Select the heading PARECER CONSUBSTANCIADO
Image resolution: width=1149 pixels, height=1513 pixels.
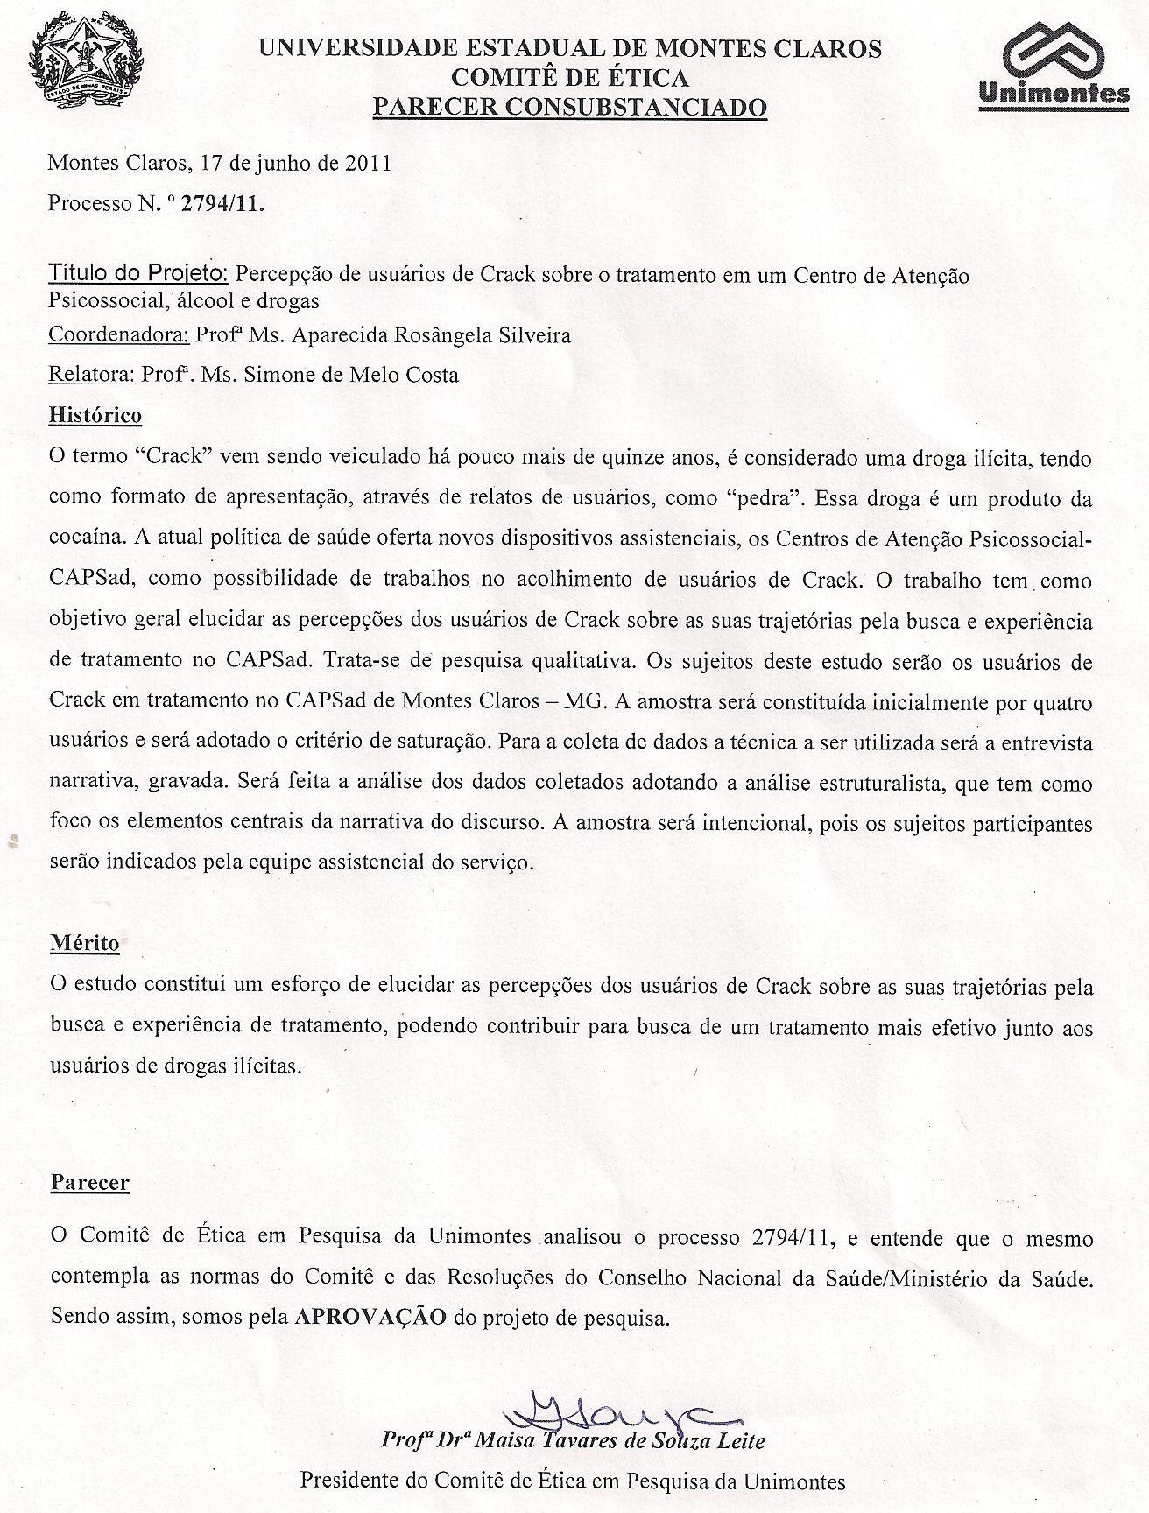(x=569, y=107)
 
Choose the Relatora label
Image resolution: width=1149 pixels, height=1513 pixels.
(x=91, y=375)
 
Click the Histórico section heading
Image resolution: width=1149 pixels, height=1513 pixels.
(x=95, y=414)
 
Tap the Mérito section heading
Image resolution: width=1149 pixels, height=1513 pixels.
(x=83, y=943)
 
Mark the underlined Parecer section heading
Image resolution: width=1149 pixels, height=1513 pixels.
(x=89, y=1182)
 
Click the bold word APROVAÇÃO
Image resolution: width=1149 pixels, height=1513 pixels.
(x=371, y=1316)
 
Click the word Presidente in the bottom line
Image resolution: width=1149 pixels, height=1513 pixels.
(x=348, y=1481)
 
